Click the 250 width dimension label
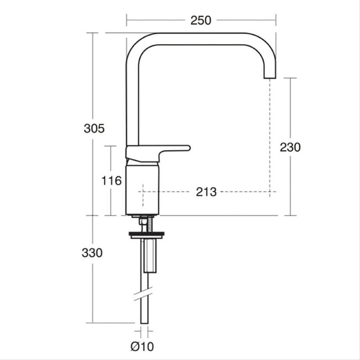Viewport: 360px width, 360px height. (x=201, y=21)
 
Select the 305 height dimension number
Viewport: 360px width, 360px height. (x=94, y=129)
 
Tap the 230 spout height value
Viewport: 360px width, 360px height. (x=290, y=148)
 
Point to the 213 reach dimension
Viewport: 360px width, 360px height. (x=206, y=192)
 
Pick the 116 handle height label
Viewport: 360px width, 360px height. (x=112, y=181)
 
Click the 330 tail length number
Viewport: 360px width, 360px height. (x=92, y=253)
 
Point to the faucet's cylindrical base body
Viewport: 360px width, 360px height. (x=142, y=188)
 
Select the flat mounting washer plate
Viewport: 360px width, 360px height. (x=146, y=235)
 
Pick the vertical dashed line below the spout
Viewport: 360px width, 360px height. (x=270, y=139)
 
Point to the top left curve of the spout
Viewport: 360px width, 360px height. (x=135, y=44)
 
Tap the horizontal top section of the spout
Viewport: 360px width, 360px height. (x=201, y=39)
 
